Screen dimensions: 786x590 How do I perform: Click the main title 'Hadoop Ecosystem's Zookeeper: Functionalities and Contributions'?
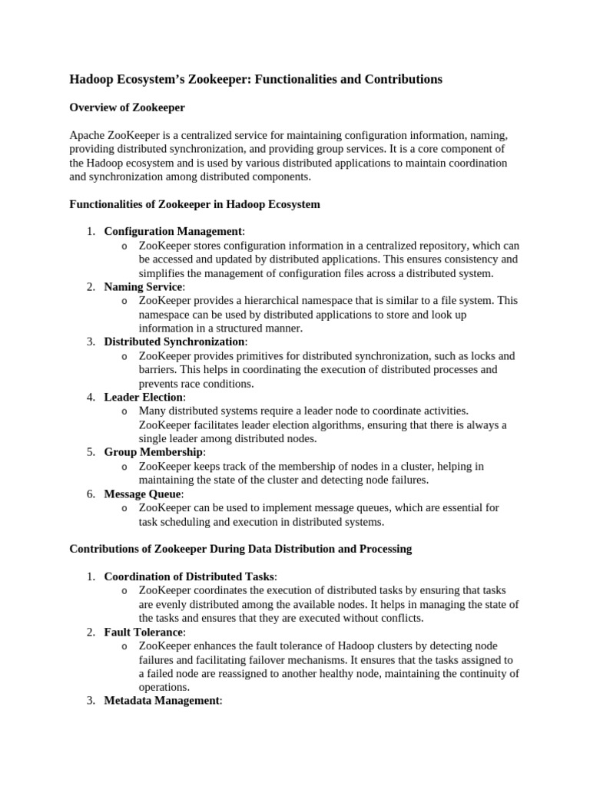[256, 79]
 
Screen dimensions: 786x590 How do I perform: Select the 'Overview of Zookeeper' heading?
[127, 107]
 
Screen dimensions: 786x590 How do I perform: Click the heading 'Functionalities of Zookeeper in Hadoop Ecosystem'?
[194, 204]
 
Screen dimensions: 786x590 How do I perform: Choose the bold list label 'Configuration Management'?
[173, 232]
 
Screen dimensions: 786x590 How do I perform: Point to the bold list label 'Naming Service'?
[143, 286]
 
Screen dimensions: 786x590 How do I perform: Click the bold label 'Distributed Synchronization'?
[174, 342]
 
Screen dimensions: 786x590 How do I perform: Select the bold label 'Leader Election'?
[143, 397]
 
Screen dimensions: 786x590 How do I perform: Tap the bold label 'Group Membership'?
[154, 452]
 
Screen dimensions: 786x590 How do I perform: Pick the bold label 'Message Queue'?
[142, 494]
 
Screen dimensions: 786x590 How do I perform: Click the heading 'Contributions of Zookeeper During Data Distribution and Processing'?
[240, 549]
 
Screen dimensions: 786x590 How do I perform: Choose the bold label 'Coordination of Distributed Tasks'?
[189, 576]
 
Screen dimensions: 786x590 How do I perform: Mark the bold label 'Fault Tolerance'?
[144, 632]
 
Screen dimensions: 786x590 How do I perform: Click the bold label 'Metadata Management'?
[161, 701]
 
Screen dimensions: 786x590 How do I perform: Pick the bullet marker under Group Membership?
[124, 467]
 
